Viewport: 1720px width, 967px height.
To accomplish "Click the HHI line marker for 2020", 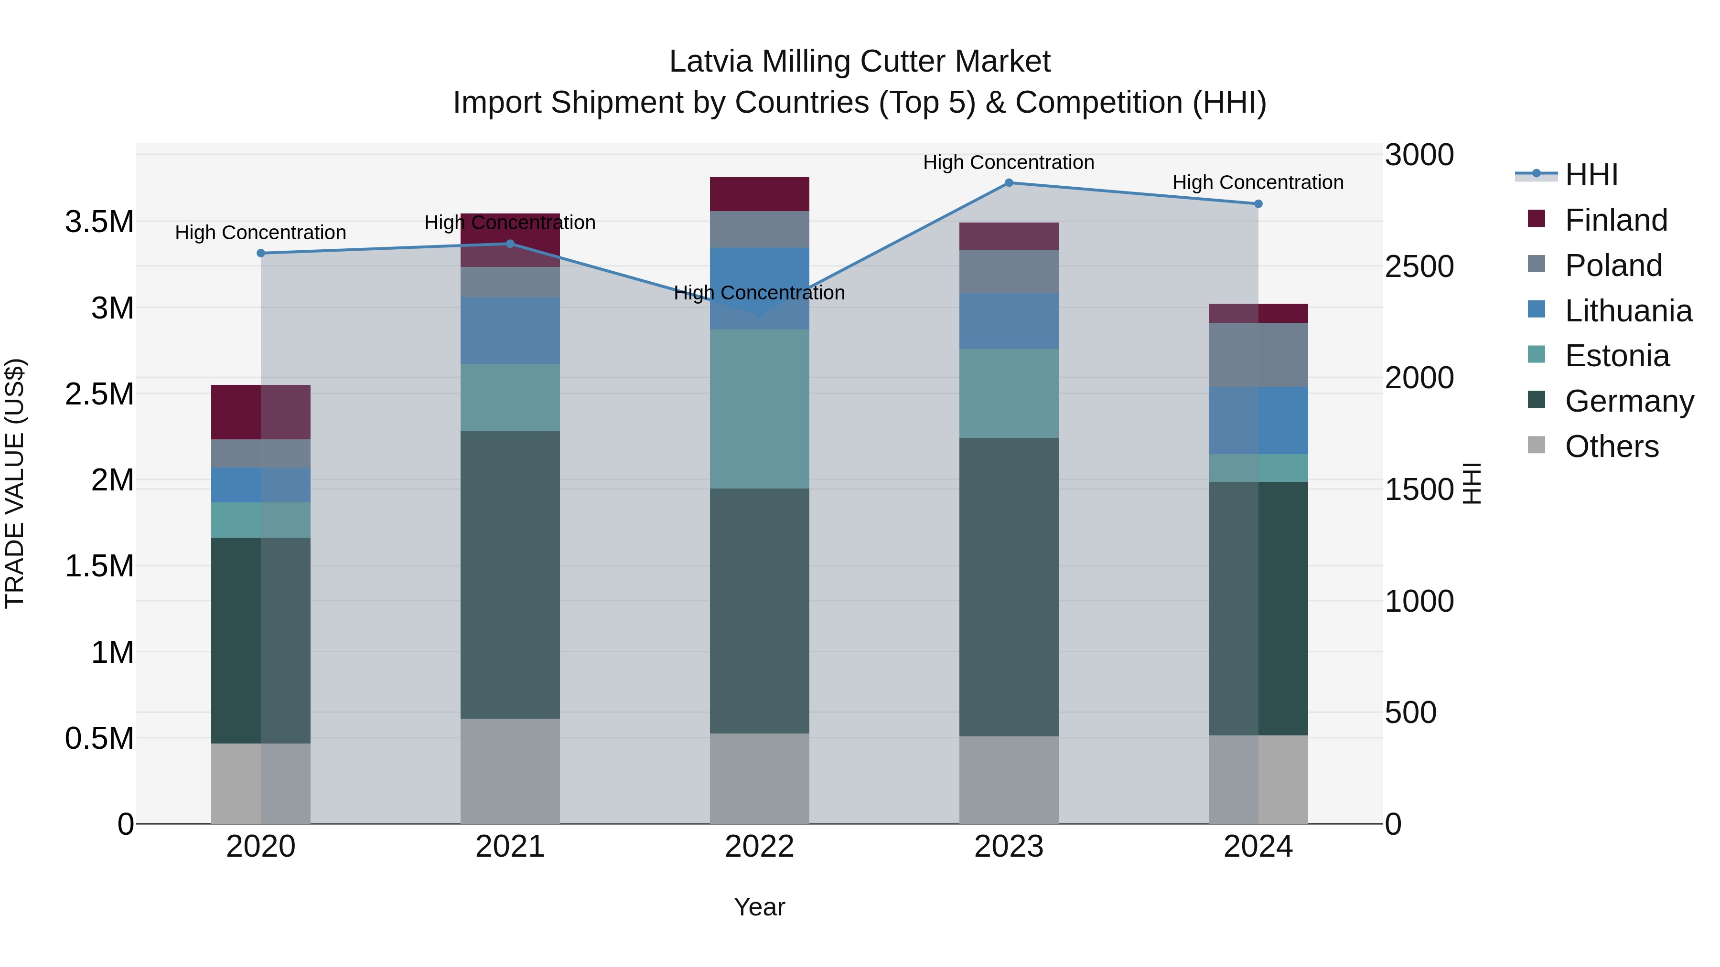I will click(x=261, y=253).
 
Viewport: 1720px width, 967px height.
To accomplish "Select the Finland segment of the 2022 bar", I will click(x=759, y=194).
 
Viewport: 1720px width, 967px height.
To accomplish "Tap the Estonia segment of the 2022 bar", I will click(x=759, y=408).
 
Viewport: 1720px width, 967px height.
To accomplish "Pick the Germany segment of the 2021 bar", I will click(x=510, y=574).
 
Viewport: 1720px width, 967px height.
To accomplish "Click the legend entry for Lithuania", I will click(x=1628, y=311).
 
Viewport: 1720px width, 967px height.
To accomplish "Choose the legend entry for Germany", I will click(x=1629, y=401).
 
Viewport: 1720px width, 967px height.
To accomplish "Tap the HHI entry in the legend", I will click(x=1591, y=175).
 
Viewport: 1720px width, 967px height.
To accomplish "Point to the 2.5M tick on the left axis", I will click(x=99, y=394).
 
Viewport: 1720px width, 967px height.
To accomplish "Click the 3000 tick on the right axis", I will click(x=1419, y=155).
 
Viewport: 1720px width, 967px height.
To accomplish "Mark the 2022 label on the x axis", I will click(x=759, y=847).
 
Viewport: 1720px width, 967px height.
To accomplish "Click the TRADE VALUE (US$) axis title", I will click(x=15, y=483).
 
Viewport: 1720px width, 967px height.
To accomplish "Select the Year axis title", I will click(x=759, y=907).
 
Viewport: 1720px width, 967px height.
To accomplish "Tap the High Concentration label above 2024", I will click(x=1258, y=182).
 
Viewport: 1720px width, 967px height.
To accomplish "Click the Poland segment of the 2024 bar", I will click(x=1258, y=354).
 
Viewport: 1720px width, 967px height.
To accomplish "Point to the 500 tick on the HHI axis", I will click(x=1410, y=713).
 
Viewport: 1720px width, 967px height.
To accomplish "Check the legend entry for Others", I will click(x=1611, y=446).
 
